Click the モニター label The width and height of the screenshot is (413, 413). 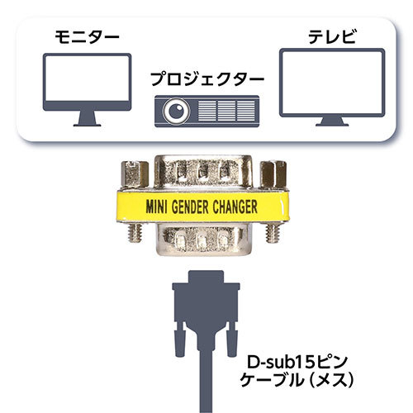(87, 37)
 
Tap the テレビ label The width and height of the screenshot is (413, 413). (331, 36)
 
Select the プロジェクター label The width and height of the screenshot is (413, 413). (207, 79)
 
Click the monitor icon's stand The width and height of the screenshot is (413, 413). (87, 118)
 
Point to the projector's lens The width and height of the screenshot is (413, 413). (177, 111)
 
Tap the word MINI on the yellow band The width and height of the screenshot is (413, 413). (156, 207)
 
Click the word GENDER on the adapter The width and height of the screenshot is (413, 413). (190, 207)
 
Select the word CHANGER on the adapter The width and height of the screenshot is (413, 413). (235, 207)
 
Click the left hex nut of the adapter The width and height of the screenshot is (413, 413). (135, 174)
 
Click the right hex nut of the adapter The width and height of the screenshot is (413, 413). (273, 174)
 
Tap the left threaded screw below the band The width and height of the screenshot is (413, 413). (135, 233)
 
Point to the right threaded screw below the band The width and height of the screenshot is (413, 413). (273, 233)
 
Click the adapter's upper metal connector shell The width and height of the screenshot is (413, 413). (204, 173)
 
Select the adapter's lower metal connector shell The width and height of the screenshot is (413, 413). (203, 239)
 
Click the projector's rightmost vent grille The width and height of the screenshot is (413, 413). (246, 111)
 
